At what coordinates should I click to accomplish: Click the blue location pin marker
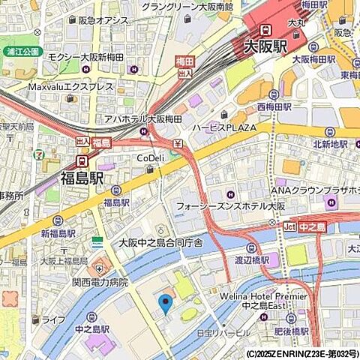tap(166, 304)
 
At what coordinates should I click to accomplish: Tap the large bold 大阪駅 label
tap(266, 46)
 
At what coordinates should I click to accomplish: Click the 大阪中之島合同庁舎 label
tap(160, 243)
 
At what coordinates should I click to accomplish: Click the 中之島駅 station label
tap(91, 328)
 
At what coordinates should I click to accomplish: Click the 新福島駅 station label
tap(58, 234)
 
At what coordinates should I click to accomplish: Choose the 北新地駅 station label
tap(329, 144)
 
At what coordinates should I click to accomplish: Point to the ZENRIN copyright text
tap(301, 353)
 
